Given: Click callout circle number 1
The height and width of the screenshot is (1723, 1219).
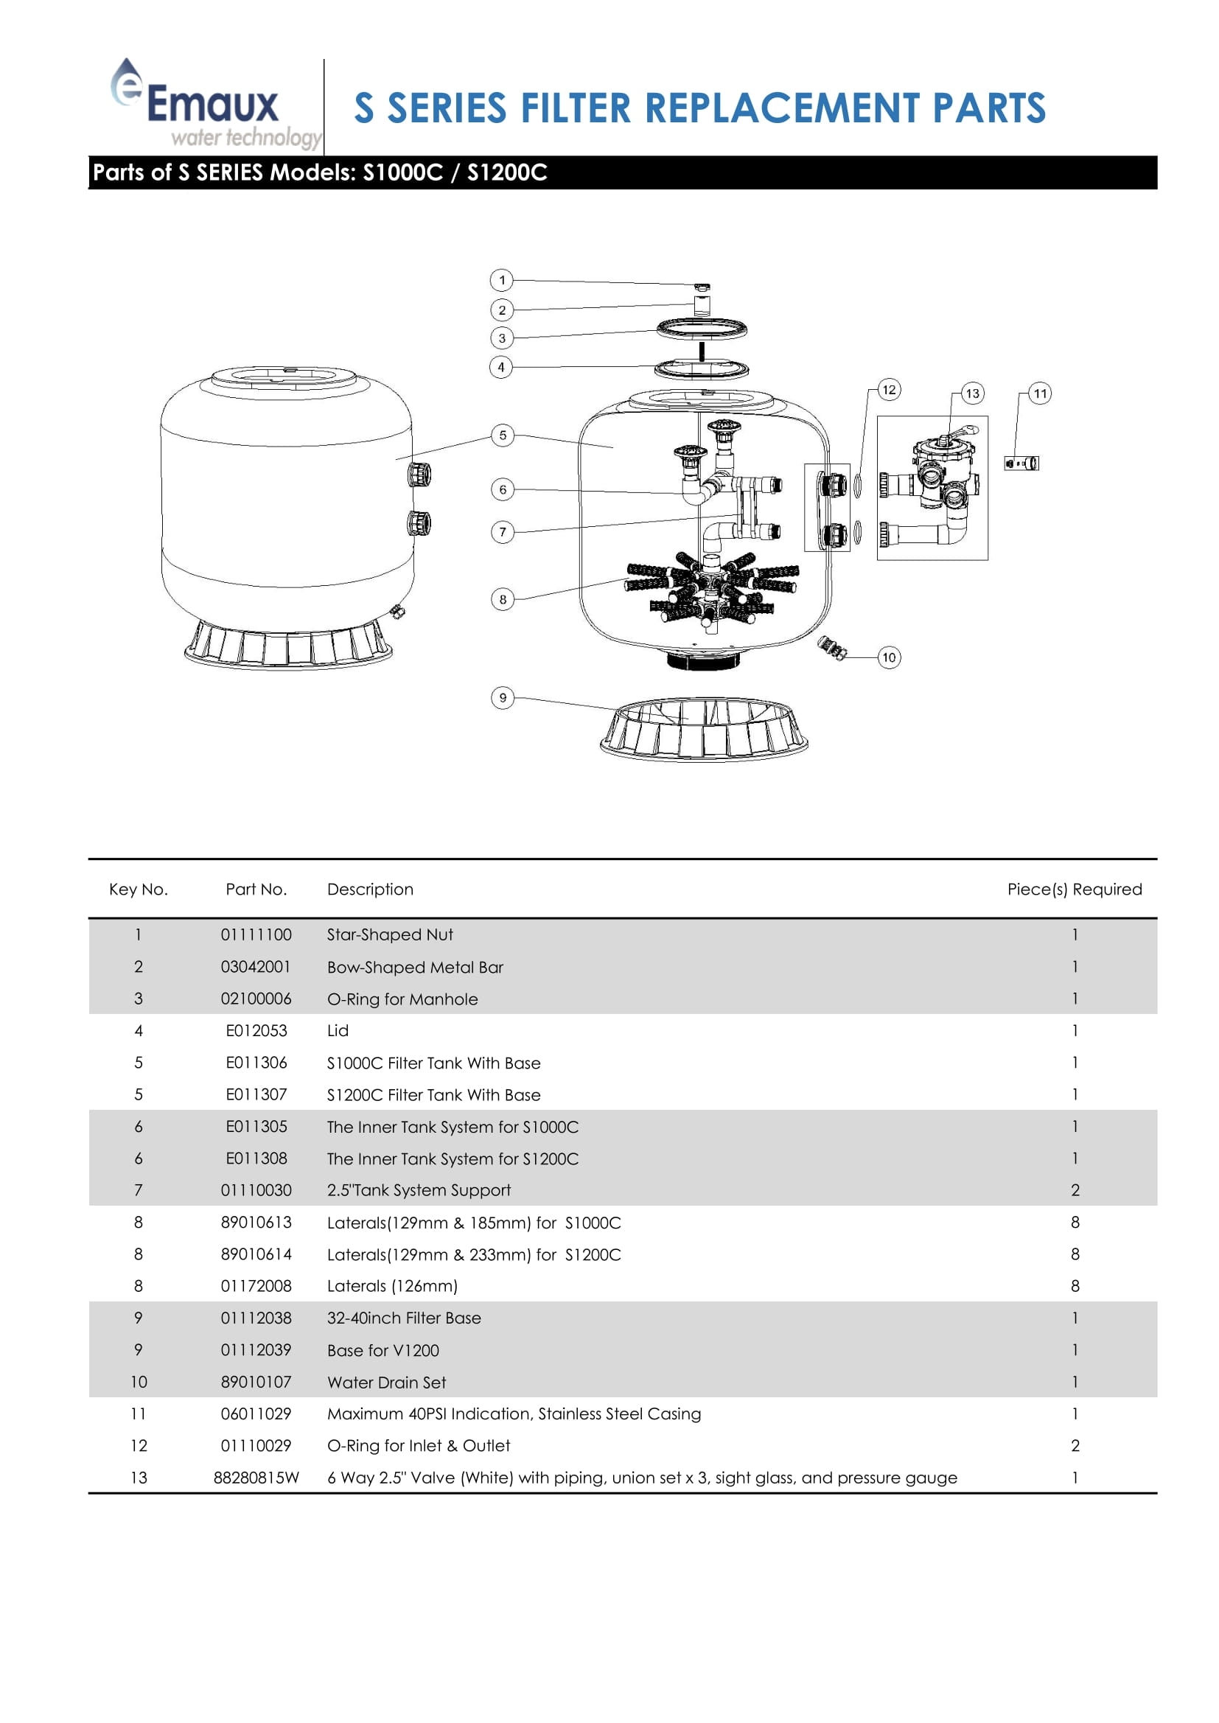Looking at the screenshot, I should pyautogui.click(x=501, y=280).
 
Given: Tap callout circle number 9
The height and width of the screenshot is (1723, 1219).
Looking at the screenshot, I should pyautogui.click(x=502, y=697).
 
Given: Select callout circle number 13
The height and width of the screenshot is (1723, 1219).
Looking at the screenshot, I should pyautogui.click(x=972, y=394).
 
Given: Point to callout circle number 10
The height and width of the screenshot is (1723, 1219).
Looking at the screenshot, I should pyautogui.click(x=889, y=657).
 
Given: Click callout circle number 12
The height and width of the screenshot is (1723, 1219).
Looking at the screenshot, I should pyautogui.click(x=889, y=389).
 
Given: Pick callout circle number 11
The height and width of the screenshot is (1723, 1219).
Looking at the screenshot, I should pyautogui.click(x=1040, y=394).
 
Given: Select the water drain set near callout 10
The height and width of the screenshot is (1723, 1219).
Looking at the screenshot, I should pyautogui.click(x=831, y=648).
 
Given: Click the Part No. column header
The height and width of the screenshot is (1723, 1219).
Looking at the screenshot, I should pyautogui.click(x=256, y=890).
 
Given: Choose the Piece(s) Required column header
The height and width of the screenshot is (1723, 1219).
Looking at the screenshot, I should pyautogui.click(x=1074, y=890).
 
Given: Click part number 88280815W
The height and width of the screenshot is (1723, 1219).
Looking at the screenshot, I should pyautogui.click(x=256, y=1478).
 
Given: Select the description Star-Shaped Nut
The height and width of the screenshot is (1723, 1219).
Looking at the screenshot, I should pyautogui.click(x=390, y=934).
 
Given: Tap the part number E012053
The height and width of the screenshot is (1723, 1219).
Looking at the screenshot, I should pyautogui.click(x=256, y=1030).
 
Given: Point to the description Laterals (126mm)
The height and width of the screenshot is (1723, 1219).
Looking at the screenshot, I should pyautogui.click(x=392, y=1286).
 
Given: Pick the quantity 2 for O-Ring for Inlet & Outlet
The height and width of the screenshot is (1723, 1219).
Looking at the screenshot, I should pyautogui.click(x=1075, y=1445).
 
